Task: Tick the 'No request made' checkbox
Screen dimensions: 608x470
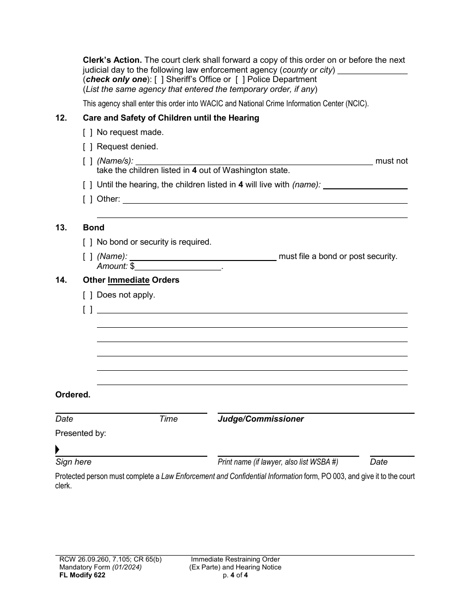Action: [88, 132]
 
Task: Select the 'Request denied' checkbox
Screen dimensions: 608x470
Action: [88, 147]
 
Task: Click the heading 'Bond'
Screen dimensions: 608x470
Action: [94, 228]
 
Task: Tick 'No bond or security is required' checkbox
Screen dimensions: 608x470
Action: [88, 242]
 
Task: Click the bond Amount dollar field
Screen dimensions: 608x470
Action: [178, 266]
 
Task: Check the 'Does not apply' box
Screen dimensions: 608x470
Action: [88, 295]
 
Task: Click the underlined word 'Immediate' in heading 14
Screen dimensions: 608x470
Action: [129, 280]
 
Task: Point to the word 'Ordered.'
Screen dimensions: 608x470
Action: [73, 395]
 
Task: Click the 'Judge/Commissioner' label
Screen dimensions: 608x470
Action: [261, 419]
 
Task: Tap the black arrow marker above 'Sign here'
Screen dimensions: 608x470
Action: [57, 450]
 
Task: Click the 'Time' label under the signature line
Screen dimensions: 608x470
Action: [168, 419]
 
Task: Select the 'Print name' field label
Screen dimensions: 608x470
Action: [278, 462]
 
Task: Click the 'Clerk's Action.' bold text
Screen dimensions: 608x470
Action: [112, 60]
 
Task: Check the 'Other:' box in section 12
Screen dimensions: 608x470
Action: [88, 199]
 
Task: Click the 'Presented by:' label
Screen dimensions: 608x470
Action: [81, 434]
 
